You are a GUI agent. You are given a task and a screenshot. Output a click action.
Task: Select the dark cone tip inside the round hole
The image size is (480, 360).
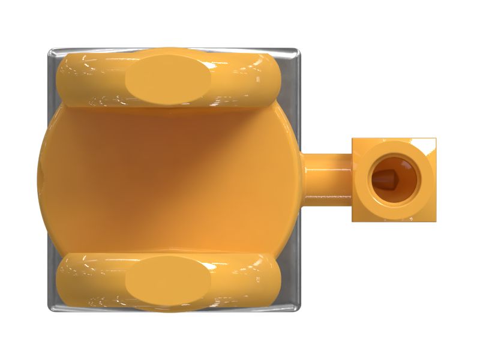coord(384,179)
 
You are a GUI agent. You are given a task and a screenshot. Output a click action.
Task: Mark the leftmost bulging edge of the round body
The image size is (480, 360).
coord(38,180)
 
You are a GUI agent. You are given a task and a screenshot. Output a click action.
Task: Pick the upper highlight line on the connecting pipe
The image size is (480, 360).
coord(327,158)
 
